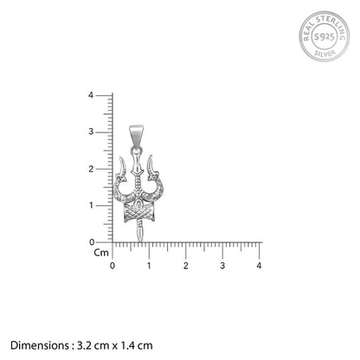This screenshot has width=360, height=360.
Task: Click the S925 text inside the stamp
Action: point(325,36)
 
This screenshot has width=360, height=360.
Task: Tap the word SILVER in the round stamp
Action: point(325,54)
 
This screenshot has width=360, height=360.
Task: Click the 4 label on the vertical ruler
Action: point(91,95)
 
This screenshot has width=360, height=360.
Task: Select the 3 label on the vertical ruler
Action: point(91,132)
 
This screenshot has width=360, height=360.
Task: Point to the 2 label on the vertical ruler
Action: point(91,169)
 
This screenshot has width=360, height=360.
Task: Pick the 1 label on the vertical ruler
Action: point(91,205)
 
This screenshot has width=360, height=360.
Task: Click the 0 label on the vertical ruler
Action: point(92,242)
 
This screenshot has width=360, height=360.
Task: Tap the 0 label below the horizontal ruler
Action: point(112,266)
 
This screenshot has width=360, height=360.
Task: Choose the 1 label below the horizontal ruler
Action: point(149,266)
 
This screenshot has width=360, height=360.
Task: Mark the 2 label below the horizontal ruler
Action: point(185,266)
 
